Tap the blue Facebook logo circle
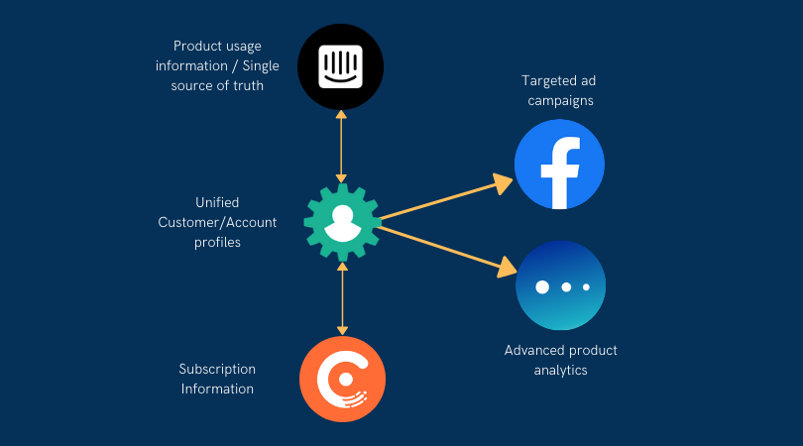pos(559,165)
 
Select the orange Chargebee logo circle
pos(342,380)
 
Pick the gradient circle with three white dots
pos(560,285)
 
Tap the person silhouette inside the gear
pos(342,222)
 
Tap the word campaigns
pos(561,101)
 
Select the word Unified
pos(217,202)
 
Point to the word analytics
pos(560,370)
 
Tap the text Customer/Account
pos(217,222)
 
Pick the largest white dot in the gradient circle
pos(541,286)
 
